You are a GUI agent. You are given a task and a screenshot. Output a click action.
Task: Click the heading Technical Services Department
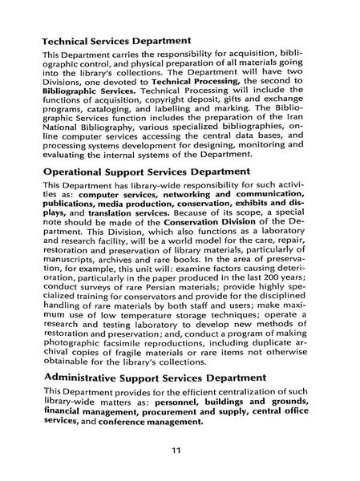point(116,39)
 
